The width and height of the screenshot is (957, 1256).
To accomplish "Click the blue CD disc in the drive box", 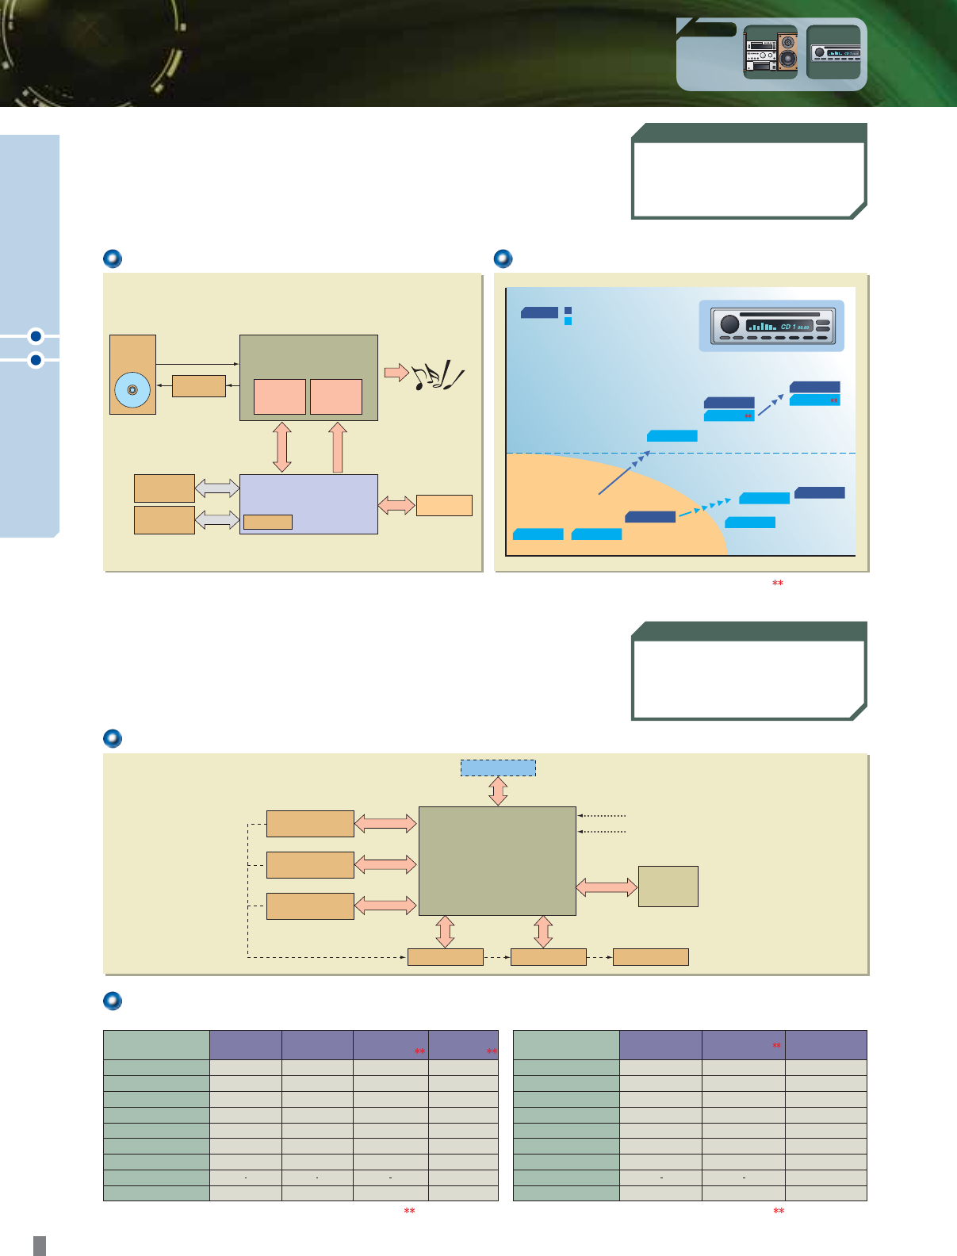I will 132,390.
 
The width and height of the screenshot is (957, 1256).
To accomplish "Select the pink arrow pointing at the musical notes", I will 396,372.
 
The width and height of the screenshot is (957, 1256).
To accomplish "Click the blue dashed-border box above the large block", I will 498,768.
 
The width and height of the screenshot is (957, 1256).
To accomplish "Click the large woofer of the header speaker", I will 787,58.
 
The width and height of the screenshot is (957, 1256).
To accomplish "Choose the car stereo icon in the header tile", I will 833,52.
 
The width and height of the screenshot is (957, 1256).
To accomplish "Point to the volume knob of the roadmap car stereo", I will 729,324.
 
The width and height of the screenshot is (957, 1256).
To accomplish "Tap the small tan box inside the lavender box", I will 267,522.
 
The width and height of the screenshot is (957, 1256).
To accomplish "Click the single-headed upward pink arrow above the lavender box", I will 338,447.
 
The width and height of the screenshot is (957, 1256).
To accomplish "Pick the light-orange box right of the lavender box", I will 444,505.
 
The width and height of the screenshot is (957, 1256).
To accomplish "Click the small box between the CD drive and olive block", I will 198,385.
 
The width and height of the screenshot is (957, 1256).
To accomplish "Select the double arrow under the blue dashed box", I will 498,791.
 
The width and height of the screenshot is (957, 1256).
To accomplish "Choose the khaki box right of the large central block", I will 668,886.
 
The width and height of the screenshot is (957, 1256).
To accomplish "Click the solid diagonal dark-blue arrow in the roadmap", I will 623,473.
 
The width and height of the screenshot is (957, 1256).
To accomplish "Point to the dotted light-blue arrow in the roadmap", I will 704,507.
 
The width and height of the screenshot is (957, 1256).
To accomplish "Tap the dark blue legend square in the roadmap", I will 568,311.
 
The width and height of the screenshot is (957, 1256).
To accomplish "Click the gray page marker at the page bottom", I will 40,1245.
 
